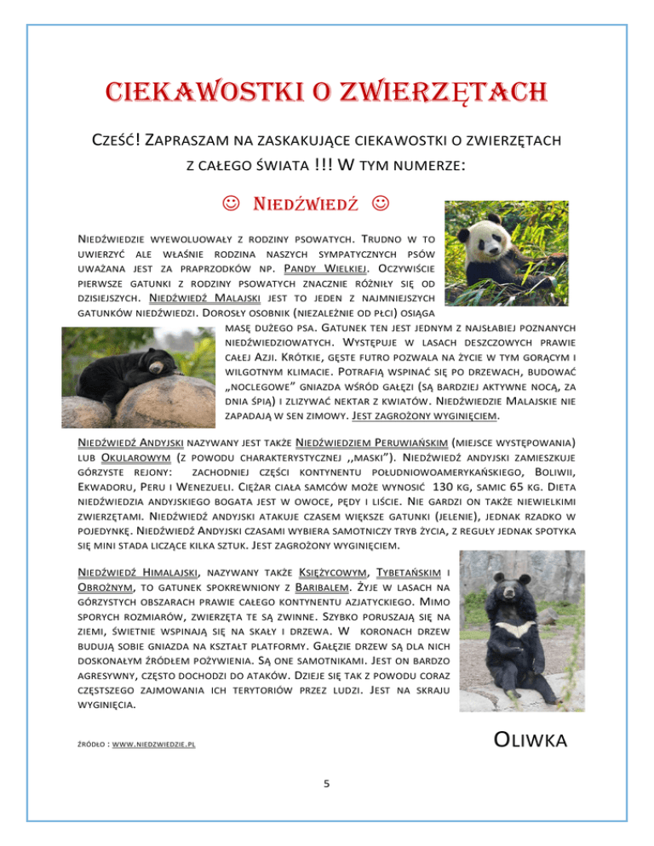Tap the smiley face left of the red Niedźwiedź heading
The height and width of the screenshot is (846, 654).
pyautogui.click(x=227, y=205)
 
